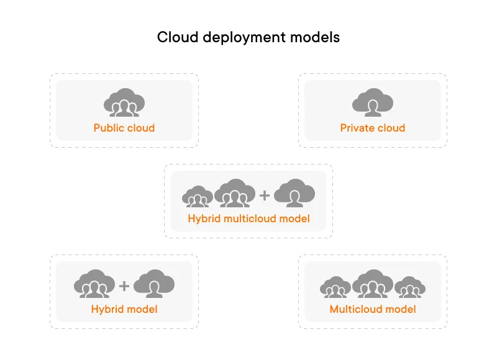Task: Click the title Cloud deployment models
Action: pyautogui.click(x=248, y=37)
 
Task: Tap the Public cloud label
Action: pyautogui.click(x=124, y=128)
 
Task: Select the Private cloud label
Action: pyautogui.click(x=373, y=128)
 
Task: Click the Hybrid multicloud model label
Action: pyautogui.click(x=248, y=218)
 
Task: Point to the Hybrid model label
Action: pyautogui.click(x=124, y=309)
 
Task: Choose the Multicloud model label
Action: pyautogui.click(x=373, y=309)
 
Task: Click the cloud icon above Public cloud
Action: pyautogui.click(x=124, y=102)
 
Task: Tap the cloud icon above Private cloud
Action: pyautogui.click(x=373, y=102)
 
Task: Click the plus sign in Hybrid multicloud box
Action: pyautogui.click(x=265, y=196)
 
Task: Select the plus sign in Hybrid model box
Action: pyautogui.click(x=124, y=286)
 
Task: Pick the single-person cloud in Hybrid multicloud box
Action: pyautogui.click(x=294, y=193)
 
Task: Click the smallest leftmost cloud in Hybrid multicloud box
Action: pyautogui.click(x=198, y=196)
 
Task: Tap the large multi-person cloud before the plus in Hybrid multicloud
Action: pyautogui.click(x=235, y=193)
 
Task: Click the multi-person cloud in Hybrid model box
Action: pyautogui.click(x=94, y=284)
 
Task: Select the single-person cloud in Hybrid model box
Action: pyautogui.click(x=154, y=284)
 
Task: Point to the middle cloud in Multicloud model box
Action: pyautogui.click(x=373, y=284)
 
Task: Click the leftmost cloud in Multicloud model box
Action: pyautogui.click(x=335, y=287)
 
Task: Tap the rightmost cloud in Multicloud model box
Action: pyautogui.click(x=410, y=287)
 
